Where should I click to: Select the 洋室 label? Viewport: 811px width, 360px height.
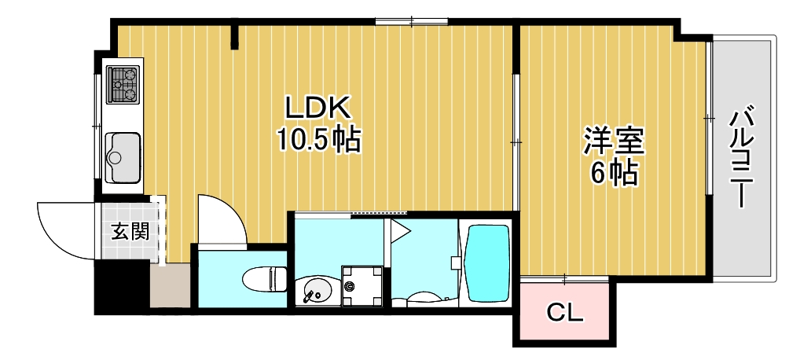point(613,142)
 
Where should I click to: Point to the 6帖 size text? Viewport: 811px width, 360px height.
point(613,174)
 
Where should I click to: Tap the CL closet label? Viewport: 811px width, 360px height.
point(564,314)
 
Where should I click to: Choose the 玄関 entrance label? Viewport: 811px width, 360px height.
point(128,231)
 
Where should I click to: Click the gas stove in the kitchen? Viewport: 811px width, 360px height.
point(123,85)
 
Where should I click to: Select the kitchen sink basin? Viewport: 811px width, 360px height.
point(123,154)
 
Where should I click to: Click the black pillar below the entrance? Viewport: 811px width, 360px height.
point(121,288)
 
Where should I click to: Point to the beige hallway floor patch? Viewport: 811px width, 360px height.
point(169,287)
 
